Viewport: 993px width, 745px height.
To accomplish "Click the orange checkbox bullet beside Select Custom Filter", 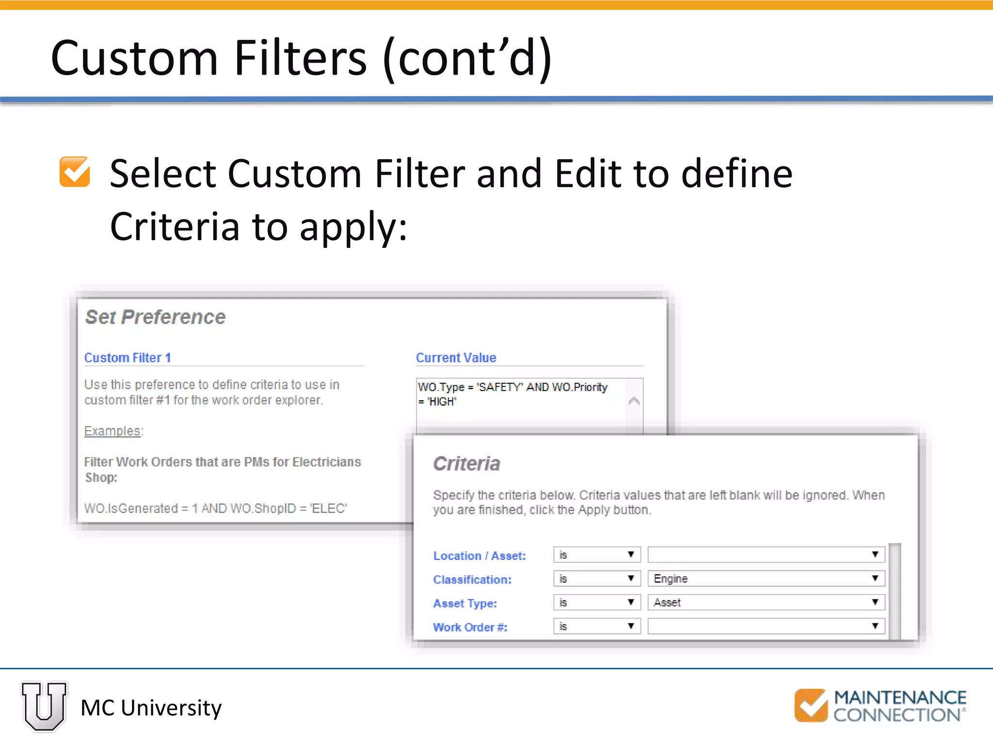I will (75, 172).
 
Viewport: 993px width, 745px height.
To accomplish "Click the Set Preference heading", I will (155, 317).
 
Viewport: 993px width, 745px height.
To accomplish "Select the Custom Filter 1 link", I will (128, 358).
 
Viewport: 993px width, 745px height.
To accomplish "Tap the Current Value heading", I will (456, 358).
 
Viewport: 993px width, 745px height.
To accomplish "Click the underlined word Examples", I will (112, 431).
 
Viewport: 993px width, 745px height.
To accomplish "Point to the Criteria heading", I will (466, 464).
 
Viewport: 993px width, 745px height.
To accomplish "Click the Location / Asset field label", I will (479, 556).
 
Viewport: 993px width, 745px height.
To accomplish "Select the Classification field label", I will (472, 580).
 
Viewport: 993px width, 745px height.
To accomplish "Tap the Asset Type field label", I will (464, 603).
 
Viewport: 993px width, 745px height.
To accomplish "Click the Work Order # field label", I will (470, 627).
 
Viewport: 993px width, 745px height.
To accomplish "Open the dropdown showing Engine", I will (766, 579).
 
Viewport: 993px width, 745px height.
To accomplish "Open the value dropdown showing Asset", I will (766, 602).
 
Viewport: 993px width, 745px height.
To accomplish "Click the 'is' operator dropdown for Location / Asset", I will (597, 555).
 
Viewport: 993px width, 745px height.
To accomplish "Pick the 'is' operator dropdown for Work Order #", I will (597, 626).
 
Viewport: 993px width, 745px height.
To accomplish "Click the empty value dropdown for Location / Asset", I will (766, 555).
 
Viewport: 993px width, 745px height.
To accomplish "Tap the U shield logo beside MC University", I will (44, 706).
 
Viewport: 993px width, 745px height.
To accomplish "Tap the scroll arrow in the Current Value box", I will (634, 401).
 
